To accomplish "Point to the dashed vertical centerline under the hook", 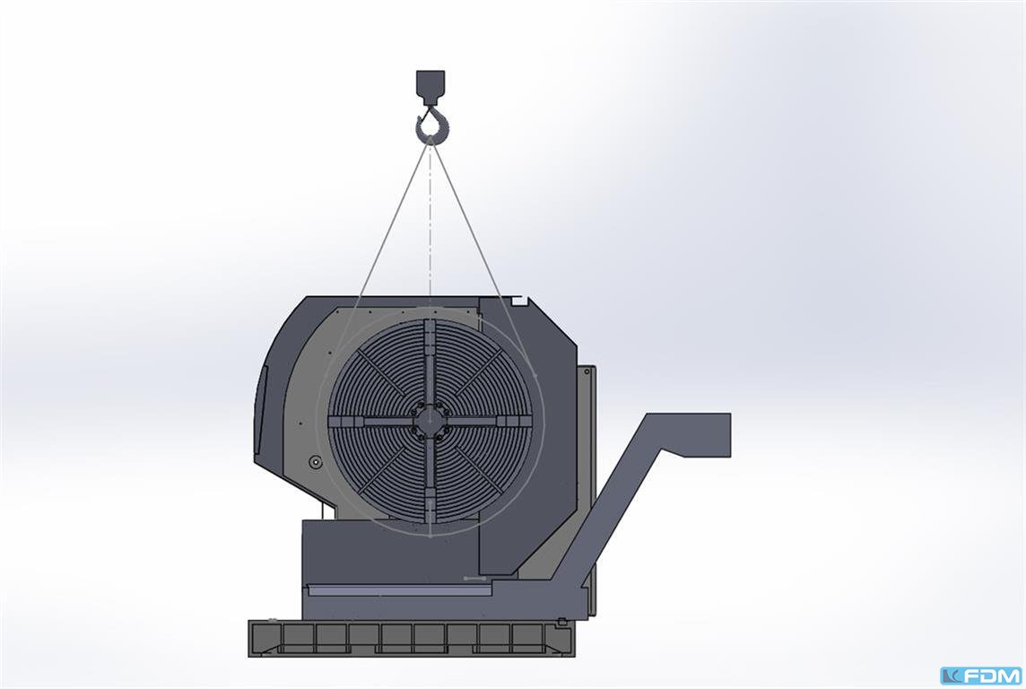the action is [x=430, y=222].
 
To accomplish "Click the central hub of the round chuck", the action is [x=430, y=423].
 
